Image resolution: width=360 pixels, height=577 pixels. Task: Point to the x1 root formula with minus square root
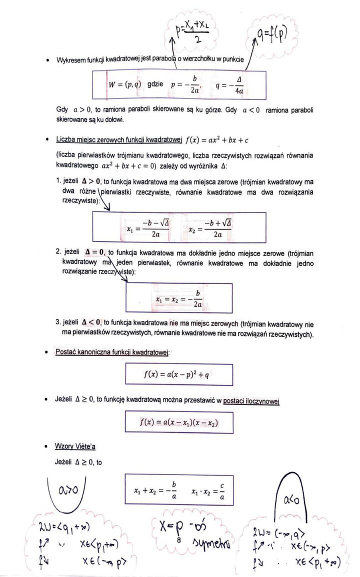click(148, 228)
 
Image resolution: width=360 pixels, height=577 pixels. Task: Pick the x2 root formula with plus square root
click(210, 228)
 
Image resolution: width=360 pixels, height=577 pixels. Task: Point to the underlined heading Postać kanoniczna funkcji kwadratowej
click(113, 352)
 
